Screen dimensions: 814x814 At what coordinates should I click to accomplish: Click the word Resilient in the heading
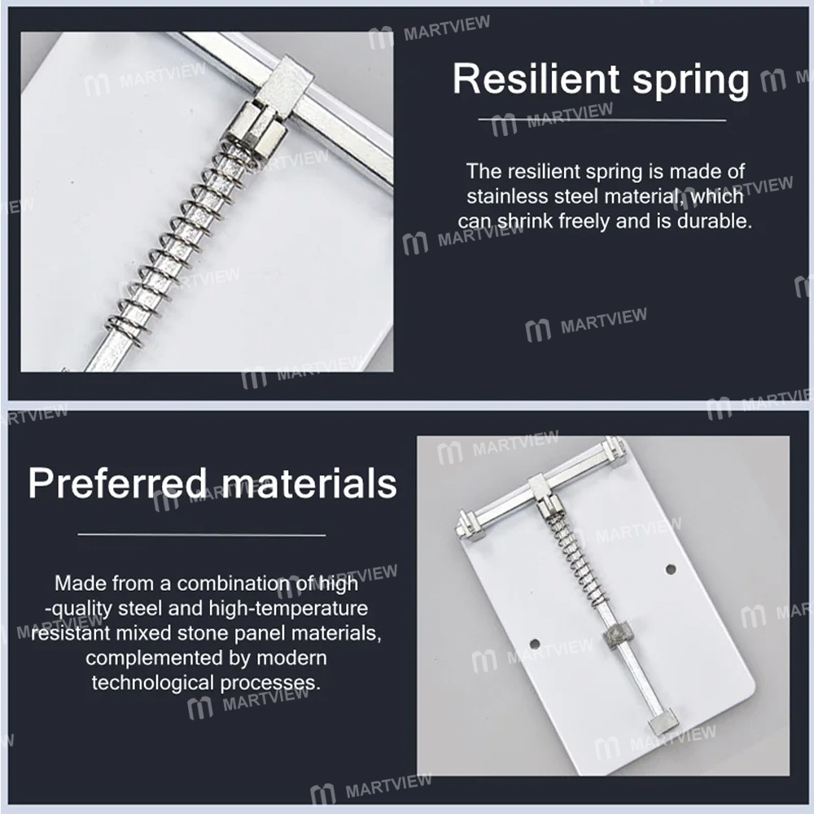(536, 79)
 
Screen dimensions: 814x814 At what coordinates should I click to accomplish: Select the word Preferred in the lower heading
(118, 484)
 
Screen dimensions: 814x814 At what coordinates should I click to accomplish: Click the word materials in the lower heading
(309, 484)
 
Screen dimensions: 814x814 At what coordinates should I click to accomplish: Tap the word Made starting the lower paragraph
(78, 584)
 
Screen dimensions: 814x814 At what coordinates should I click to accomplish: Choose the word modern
(291, 659)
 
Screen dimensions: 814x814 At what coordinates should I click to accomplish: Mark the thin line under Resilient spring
(602, 120)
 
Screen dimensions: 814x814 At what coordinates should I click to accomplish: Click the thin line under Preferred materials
(202, 534)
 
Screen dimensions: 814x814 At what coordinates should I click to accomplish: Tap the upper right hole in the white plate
(671, 569)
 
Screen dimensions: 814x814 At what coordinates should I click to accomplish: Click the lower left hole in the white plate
(535, 644)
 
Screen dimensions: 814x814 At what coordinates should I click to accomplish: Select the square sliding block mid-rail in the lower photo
(616, 634)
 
